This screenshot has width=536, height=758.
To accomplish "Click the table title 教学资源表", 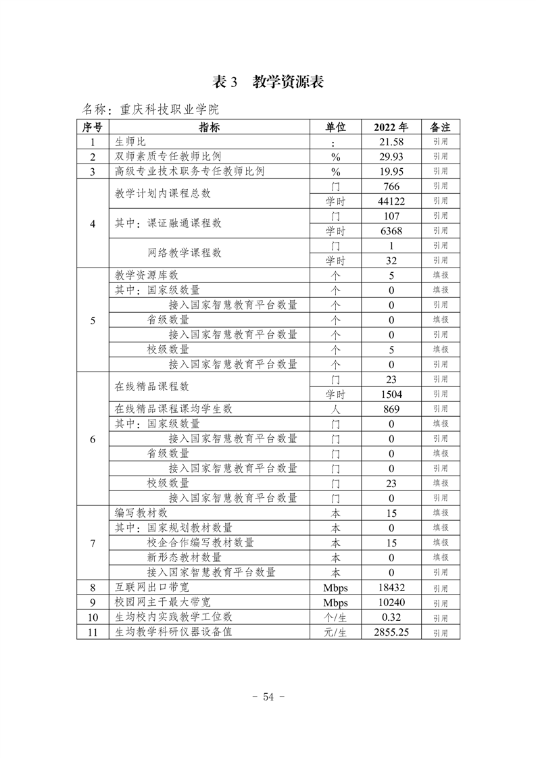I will coord(288,82).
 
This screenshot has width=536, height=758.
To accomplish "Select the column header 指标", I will coord(209,127).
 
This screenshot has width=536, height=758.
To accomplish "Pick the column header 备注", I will coord(440,127).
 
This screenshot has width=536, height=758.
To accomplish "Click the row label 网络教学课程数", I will coord(185,253).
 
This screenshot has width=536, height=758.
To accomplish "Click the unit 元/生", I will coord(335,632).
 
